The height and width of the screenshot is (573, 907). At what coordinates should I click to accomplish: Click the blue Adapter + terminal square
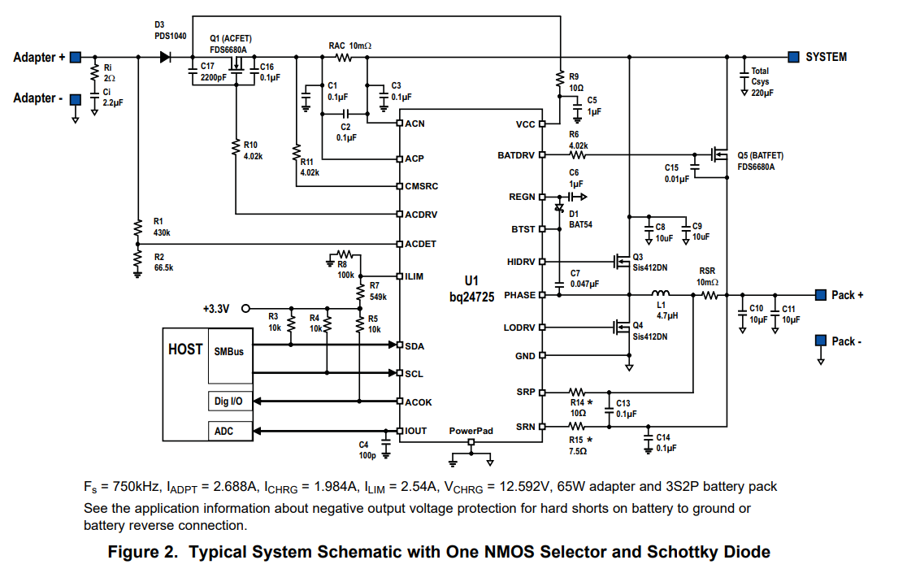[x=75, y=57]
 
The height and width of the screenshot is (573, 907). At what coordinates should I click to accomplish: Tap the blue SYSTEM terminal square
[x=793, y=57]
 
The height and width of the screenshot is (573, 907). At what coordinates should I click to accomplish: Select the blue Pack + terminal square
[x=820, y=295]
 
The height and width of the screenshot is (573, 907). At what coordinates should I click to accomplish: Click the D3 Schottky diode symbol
[x=166, y=57]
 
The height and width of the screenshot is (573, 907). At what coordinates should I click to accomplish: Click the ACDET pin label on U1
[x=420, y=244]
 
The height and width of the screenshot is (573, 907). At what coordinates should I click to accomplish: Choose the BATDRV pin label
[x=516, y=154]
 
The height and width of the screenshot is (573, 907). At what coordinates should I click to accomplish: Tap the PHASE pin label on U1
[x=519, y=295]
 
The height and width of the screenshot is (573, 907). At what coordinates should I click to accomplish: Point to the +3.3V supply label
[x=216, y=309]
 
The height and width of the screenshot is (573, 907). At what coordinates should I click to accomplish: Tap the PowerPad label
[x=471, y=431]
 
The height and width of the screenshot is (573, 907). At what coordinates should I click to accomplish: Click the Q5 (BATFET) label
[x=760, y=155]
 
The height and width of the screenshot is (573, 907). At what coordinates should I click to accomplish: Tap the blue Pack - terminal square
[x=820, y=341]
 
